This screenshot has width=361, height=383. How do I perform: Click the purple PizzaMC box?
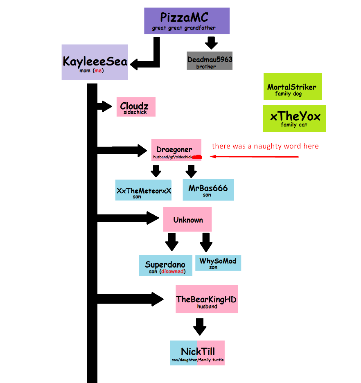click(x=187, y=20)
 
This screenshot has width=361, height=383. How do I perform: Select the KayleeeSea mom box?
click(x=95, y=62)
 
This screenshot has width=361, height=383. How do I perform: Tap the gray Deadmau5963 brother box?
click(x=210, y=61)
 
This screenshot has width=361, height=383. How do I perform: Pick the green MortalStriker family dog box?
click(x=292, y=87)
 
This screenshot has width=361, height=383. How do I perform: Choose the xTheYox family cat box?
click(x=295, y=118)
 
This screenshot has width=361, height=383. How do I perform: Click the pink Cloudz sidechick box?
click(x=135, y=107)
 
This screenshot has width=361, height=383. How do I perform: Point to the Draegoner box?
click(x=176, y=150)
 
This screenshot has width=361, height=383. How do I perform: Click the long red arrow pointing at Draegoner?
click(x=254, y=156)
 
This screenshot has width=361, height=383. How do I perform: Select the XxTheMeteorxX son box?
click(x=143, y=190)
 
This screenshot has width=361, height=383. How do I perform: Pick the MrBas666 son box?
click(x=208, y=190)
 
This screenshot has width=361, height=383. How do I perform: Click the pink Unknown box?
click(x=187, y=219)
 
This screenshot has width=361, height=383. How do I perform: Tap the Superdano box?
click(x=165, y=266)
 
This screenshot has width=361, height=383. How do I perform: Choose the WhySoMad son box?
click(x=218, y=262)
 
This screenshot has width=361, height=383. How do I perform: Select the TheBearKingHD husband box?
click(x=207, y=299)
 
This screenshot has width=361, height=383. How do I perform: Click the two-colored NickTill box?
click(x=197, y=353)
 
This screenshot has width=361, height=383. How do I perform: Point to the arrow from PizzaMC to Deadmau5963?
click(x=211, y=43)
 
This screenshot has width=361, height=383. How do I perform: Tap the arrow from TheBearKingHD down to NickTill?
click(x=199, y=327)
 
